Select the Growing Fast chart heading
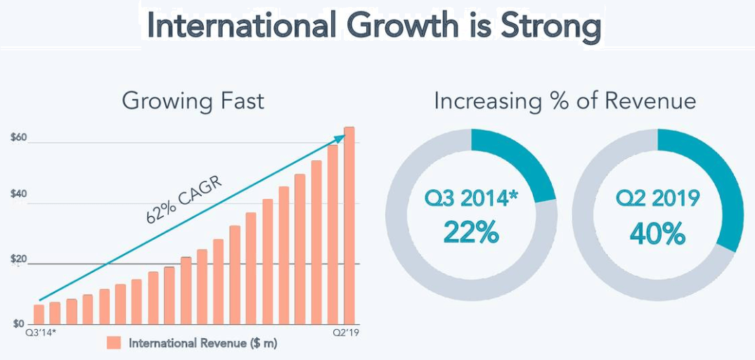[193, 101]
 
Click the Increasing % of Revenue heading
[564, 101]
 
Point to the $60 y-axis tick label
[19, 138]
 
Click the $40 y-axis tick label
[19, 199]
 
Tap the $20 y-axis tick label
[19, 259]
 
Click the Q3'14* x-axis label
[41, 330]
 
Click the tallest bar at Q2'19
[349, 225]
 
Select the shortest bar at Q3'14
[39, 314]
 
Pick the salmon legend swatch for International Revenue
[114, 343]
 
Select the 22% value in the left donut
[471, 231]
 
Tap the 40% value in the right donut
[657, 233]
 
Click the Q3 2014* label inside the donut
[471, 199]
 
